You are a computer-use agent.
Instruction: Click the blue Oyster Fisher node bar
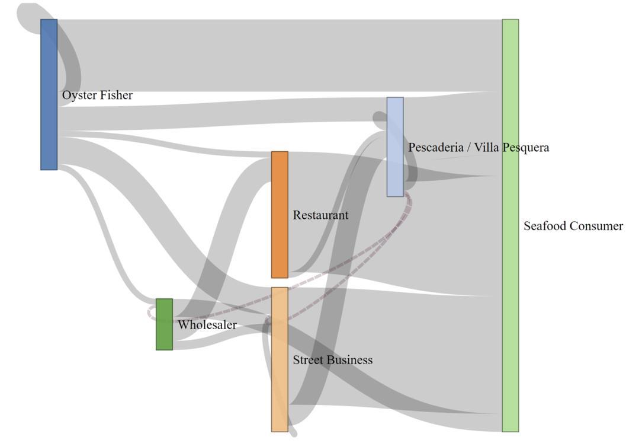pyautogui.click(x=49, y=94)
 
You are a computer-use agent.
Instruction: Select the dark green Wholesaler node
pyautogui.click(x=164, y=324)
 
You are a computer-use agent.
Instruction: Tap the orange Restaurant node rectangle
pyautogui.click(x=280, y=215)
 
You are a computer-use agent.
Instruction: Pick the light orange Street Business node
pyautogui.click(x=280, y=359)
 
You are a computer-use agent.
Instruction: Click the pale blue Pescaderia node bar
pyautogui.click(x=395, y=146)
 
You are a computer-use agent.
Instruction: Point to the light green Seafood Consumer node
pyautogui.click(x=510, y=225)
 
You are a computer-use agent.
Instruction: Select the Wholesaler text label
pyautogui.click(x=207, y=325)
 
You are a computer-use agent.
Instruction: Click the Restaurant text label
pyautogui.click(x=320, y=215)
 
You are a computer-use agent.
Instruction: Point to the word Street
pyautogui.click(x=307, y=360)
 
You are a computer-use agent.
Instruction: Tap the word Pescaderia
pyautogui.click(x=435, y=147)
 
